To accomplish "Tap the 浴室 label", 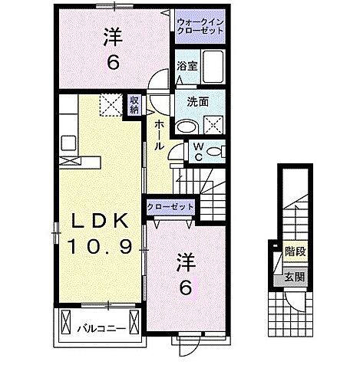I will (187, 67).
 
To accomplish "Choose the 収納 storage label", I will (134, 104).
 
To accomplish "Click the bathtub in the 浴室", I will (214, 67).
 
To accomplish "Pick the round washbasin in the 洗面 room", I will (187, 127).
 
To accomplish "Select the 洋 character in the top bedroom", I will (112, 36).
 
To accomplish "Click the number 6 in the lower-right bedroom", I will (185, 288).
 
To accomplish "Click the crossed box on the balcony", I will (64, 324).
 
